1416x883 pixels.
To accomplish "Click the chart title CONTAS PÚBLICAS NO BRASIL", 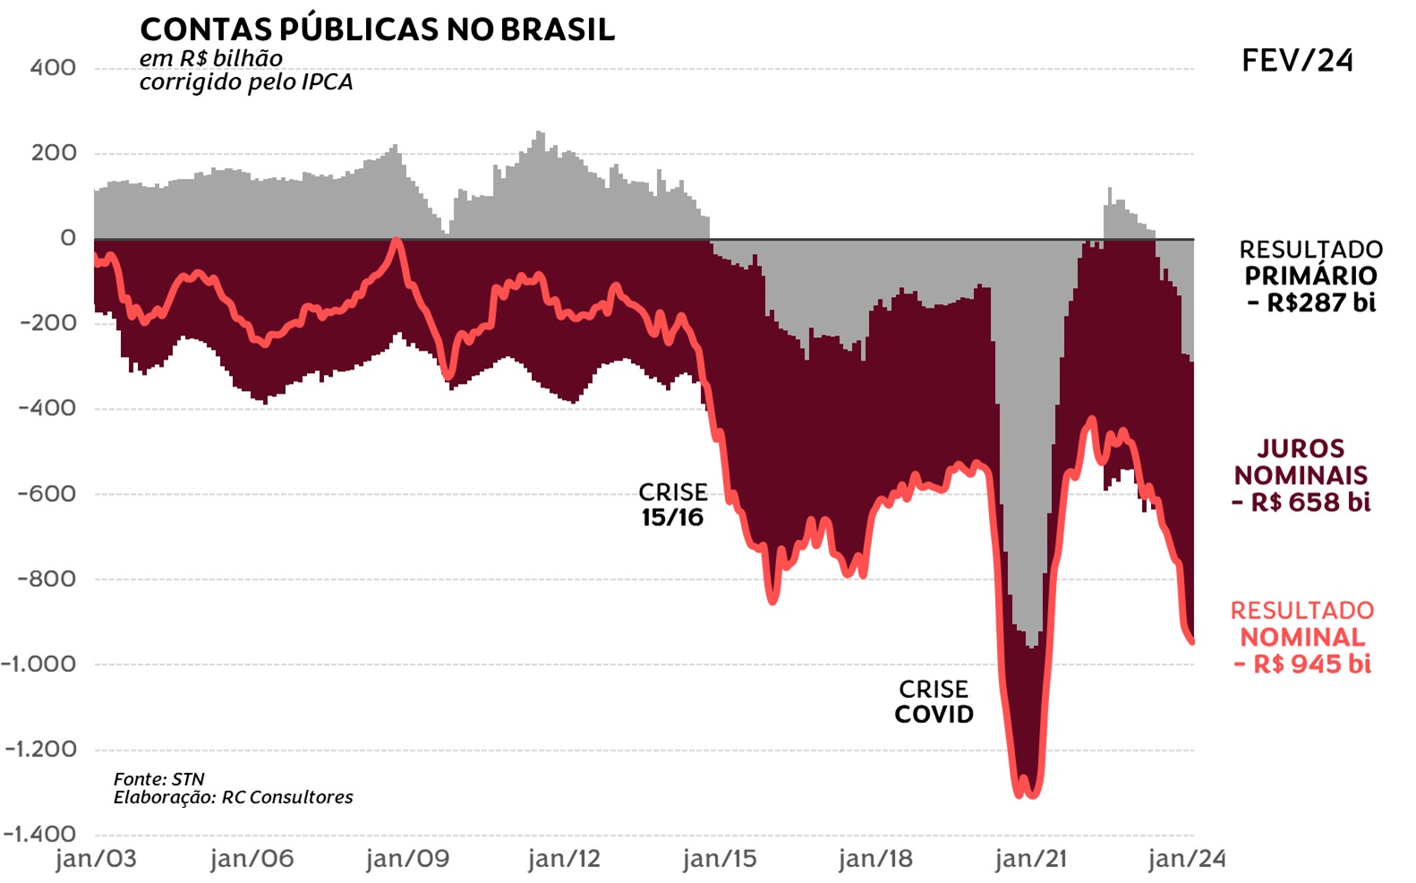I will click(x=377, y=30).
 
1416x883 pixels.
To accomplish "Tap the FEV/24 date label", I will click(x=1297, y=61).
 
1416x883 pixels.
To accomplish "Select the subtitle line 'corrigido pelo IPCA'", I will click(x=246, y=82).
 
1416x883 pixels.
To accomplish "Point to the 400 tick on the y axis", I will click(x=53, y=68).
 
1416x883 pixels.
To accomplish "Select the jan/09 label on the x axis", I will click(x=407, y=859).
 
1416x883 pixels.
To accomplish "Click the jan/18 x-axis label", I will click(x=874, y=859).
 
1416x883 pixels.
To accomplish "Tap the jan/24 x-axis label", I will click(x=1186, y=859).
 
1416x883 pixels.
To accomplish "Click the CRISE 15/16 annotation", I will click(x=672, y=505).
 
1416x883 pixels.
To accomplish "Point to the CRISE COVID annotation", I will click(x=934, y=701).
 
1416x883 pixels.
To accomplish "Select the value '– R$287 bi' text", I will click(x=1311, y=302).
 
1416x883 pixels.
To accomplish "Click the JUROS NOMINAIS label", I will click(x=1301, y=462).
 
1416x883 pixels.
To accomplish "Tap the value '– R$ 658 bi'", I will click(x=1301, y=502).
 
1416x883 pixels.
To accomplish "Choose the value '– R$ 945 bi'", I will click(x=1302, y=664).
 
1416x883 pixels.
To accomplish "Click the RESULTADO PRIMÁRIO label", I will click(x=1310, y=262).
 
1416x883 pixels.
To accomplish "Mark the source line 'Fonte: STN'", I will click(x=158, y=779).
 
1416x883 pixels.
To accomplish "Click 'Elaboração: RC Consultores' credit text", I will click(x=233, y=797).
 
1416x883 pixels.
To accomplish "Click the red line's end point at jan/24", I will click(x=1192, y=641).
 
